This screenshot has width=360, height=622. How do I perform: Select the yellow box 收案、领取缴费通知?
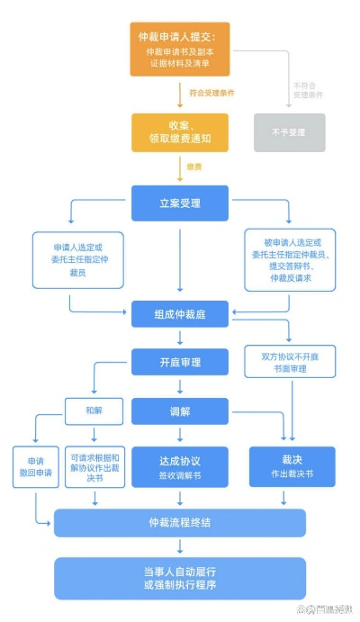(180, 131)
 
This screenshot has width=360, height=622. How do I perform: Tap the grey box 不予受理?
(289, 131)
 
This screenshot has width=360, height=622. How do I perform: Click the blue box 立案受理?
(180, 203)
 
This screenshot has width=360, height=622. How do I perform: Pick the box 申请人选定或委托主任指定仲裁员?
(76, 260)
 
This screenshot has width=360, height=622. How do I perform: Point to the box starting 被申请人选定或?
(290, 259)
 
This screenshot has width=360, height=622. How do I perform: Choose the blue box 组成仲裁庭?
(180, 314)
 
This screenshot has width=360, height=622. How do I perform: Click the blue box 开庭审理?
(180, 363)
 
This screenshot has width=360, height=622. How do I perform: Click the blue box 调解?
(180, 411)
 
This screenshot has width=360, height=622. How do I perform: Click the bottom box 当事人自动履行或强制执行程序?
(180, 578)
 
